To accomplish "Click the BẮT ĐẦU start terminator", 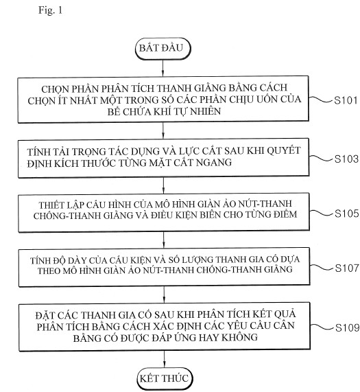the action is pos(163,49).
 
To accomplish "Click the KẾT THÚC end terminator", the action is pos(165,379).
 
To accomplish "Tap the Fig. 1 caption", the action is pos(50,10).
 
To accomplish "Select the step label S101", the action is pos(346,100).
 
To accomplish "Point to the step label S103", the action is pos(346,159).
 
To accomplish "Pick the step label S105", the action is pos(347,214).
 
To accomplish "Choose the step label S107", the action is pos(347,268).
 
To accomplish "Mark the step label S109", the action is pos(347,327).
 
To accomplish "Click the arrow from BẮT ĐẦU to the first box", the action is pos(163,68).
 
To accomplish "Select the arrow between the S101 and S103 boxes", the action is pos(163,130).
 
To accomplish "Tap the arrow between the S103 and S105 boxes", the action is pos(163,185).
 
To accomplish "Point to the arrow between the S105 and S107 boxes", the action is pos(164,240).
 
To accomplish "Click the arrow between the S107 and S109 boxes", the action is pos(164,295).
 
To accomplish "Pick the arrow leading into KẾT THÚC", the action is pos(165,359).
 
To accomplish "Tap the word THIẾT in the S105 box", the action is pos(52,205).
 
